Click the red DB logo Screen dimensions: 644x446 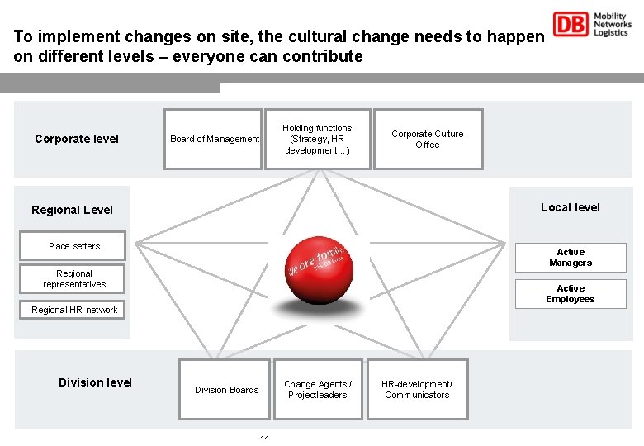point(571,25)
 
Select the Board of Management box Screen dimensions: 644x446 point(213,139)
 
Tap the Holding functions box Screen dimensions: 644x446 point(317,139)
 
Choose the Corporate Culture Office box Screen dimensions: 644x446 point(428,139)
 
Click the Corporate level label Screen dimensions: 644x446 point(77,139)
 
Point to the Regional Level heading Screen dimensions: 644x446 point(72,210)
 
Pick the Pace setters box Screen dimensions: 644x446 point(74,246)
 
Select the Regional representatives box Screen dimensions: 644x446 point(74,279)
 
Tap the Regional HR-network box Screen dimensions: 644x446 point(74,310)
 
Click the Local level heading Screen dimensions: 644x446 point(571,207)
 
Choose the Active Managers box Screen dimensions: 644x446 point(571,258)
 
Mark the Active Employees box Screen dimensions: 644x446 point(571,294)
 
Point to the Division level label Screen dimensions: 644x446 point(95,382)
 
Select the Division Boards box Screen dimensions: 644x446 point(226,389)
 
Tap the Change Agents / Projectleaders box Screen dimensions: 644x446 point(318,389)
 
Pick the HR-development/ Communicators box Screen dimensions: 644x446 point(417,389)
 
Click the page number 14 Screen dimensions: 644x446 point(264,438)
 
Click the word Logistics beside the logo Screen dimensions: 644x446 point(612,34)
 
